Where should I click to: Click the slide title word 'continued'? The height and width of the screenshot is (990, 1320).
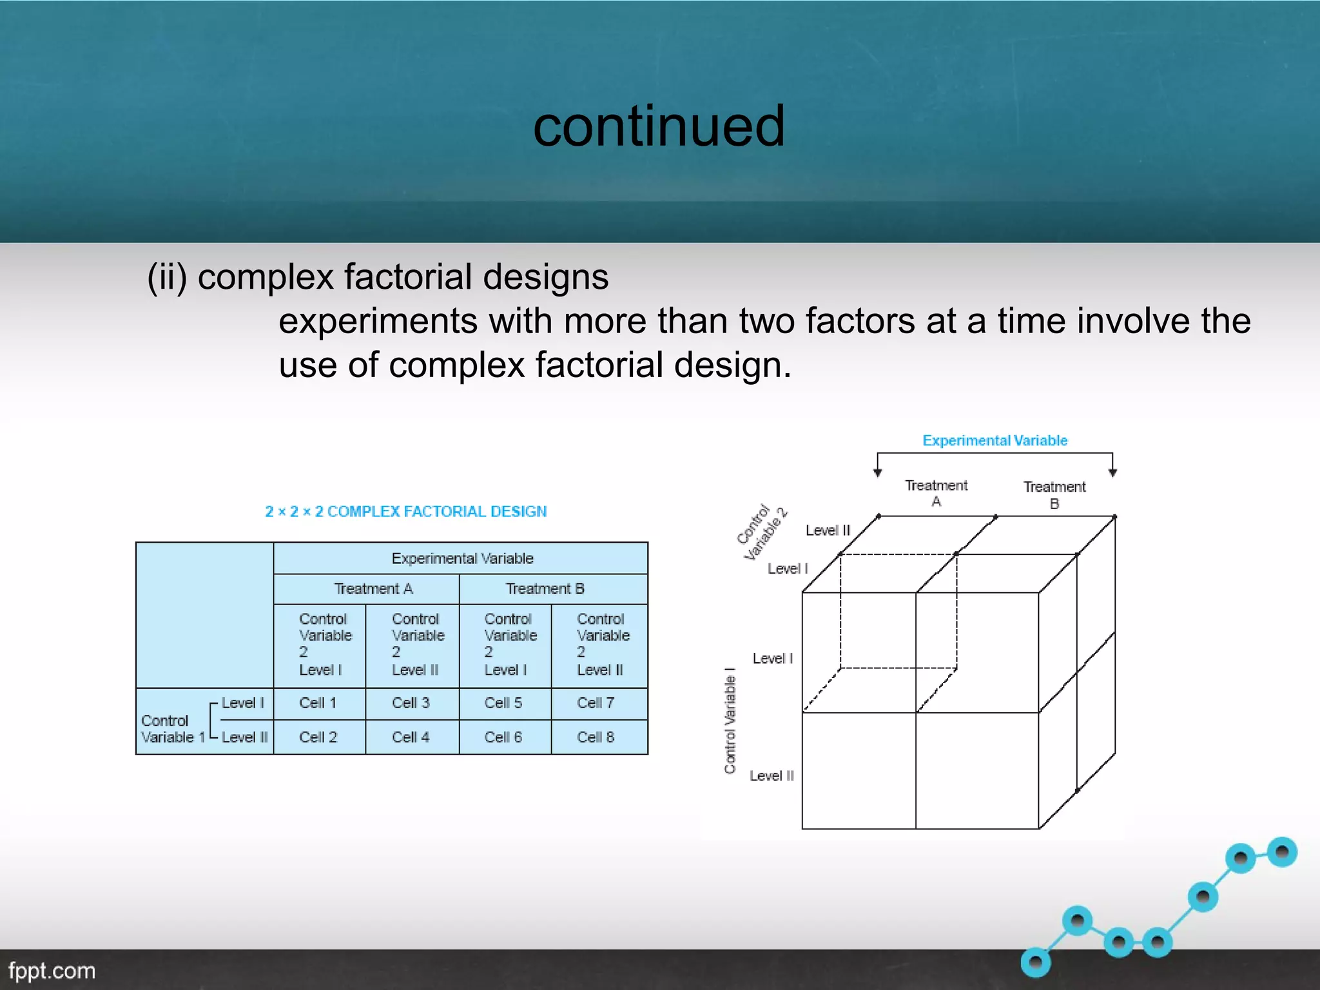(659, 126)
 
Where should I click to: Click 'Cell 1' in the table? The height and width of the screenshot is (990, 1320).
(318, 703)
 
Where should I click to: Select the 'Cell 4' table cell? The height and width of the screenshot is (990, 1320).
(411, 737)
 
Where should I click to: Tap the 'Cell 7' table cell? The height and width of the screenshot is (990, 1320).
(596, 703)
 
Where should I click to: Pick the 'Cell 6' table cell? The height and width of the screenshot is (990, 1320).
(503, 737)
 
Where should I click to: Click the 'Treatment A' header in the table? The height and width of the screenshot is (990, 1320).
(373, 589)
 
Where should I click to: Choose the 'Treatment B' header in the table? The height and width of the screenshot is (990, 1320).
(545, 589)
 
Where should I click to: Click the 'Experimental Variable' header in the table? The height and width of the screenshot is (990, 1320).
(462, 559)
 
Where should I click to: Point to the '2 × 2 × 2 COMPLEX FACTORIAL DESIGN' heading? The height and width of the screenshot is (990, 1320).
(405, 512)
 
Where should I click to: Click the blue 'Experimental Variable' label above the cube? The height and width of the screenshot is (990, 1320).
(995, 441)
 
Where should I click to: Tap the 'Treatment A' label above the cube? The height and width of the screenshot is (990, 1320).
(936, 493)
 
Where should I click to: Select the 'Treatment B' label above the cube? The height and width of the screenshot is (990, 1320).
(1054, 495)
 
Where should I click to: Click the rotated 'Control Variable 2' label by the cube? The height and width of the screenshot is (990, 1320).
(762, 532)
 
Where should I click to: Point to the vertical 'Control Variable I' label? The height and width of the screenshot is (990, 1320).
(730, 721)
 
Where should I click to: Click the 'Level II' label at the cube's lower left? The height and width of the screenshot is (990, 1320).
(772, 776)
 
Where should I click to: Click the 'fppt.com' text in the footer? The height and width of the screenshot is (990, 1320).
(52, 971)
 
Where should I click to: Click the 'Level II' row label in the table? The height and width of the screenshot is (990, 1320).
(244, 737)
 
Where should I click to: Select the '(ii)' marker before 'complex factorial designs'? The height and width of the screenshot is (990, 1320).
(167, 277)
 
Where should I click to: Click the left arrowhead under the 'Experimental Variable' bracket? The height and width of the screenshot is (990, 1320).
(877, 472)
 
